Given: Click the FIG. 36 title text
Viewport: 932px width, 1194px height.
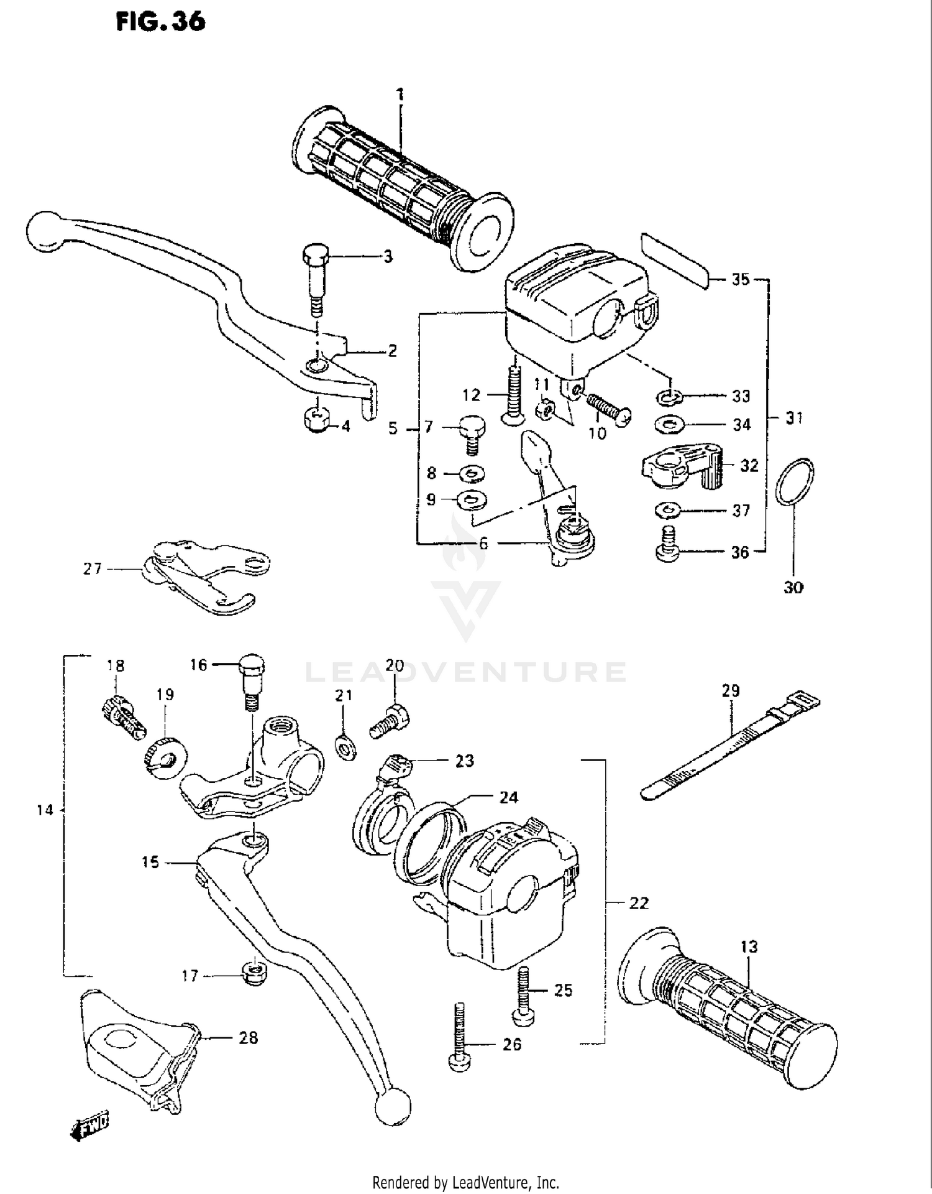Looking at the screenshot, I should coord(160,22).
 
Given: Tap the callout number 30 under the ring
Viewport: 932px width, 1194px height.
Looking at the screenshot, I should coord(793,587).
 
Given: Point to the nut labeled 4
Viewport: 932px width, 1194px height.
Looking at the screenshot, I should coord(317,421).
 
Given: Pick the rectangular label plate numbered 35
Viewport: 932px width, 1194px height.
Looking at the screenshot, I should coord(675,261).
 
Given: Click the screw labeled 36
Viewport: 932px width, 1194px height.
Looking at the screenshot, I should coord(667,545).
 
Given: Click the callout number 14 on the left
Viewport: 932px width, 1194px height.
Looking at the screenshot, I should coord(45,810).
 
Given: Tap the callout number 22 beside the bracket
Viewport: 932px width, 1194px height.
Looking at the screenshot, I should coord(638,902).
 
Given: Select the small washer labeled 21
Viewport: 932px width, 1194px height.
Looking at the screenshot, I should coord(345,746).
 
